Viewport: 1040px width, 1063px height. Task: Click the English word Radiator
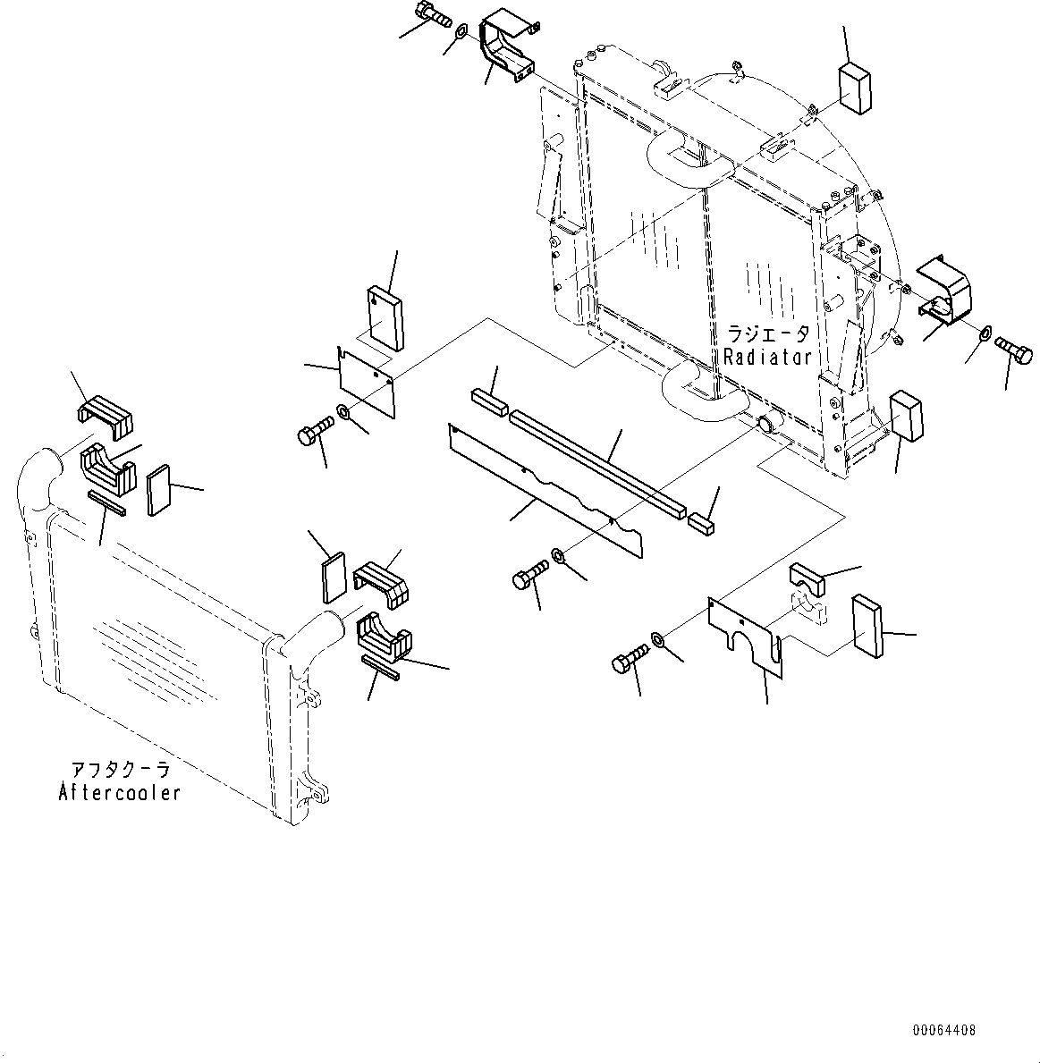tap(766, 357)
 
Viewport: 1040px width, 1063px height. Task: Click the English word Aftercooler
tap(119, 792)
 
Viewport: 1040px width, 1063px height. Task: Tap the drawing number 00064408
tap(943, 1031)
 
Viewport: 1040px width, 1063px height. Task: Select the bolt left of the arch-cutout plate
tap(628, 662)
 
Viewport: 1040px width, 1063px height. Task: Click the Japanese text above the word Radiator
tap(767, 334)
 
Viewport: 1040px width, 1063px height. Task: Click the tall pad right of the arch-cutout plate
tap(867, 626)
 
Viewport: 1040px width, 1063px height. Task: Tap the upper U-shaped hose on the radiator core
tap(683, 158)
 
